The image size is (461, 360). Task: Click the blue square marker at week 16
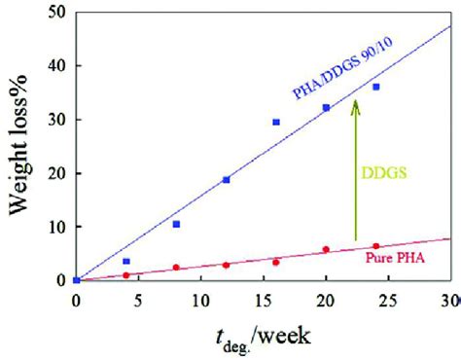[x=276, y=123]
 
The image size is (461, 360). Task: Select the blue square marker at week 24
[x=375, y=87]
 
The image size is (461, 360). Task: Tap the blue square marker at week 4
[x=126, y=261]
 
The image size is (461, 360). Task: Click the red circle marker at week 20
[x=326, y=250]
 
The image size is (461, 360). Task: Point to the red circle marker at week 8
[x=176, y=268]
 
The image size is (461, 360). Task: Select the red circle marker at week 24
[x=375, y=247]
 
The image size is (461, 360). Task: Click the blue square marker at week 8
[x=176, y=224]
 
